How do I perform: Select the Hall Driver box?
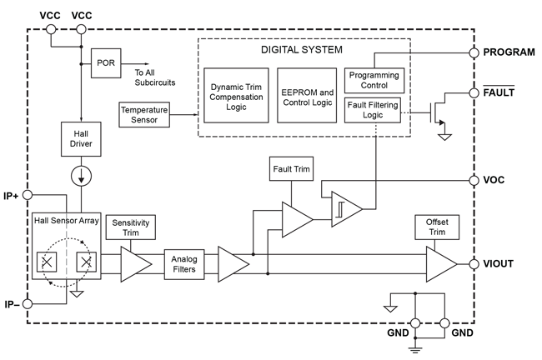81,137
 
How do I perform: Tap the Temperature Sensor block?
143,115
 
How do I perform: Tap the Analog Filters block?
183,263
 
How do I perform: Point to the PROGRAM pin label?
509,52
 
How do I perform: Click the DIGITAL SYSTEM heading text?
301,49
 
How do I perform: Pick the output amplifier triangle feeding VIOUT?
440,263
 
